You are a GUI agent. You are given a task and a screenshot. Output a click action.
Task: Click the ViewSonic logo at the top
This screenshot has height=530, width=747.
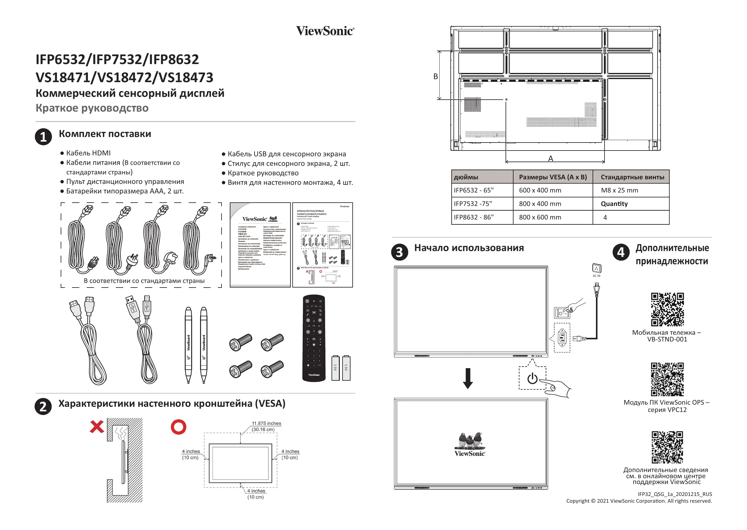325,31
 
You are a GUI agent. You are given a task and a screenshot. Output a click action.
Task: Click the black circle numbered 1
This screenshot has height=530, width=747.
44,137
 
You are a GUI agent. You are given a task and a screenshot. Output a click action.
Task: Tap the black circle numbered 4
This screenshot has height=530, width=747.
621,252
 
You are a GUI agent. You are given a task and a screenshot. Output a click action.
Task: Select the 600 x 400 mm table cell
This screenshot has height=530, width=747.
540,190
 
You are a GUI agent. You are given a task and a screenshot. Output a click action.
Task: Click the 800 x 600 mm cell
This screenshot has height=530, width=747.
540,217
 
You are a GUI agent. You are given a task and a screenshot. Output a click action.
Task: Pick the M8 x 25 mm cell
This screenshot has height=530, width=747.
619,190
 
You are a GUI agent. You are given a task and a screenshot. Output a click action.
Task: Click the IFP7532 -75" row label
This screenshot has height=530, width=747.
473,204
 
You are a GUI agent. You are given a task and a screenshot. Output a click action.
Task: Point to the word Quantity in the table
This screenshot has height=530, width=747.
614,204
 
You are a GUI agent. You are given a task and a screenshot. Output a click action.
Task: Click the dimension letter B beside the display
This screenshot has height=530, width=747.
435,76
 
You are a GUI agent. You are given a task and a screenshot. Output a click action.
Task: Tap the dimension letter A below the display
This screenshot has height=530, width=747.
551,158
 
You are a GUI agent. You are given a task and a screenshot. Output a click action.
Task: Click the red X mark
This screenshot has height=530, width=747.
97,427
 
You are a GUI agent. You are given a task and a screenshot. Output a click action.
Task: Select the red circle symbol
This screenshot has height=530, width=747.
178,427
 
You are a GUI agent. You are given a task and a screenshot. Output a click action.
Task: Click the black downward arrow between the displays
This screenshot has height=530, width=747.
468,378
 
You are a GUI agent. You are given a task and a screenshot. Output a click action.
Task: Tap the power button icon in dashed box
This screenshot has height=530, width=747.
532,378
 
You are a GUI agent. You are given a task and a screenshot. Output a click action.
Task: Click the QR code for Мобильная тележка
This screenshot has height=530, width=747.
667,309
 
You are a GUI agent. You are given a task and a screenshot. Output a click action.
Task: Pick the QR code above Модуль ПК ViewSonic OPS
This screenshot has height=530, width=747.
667,379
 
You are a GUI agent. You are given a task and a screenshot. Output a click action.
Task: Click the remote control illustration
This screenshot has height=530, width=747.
314,338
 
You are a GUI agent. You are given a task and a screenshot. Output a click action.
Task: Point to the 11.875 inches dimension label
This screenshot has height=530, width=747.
266,423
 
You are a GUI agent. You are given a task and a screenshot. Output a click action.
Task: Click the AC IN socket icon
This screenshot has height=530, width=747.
596,269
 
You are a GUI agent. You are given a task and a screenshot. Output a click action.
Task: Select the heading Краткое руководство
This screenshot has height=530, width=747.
92,108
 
